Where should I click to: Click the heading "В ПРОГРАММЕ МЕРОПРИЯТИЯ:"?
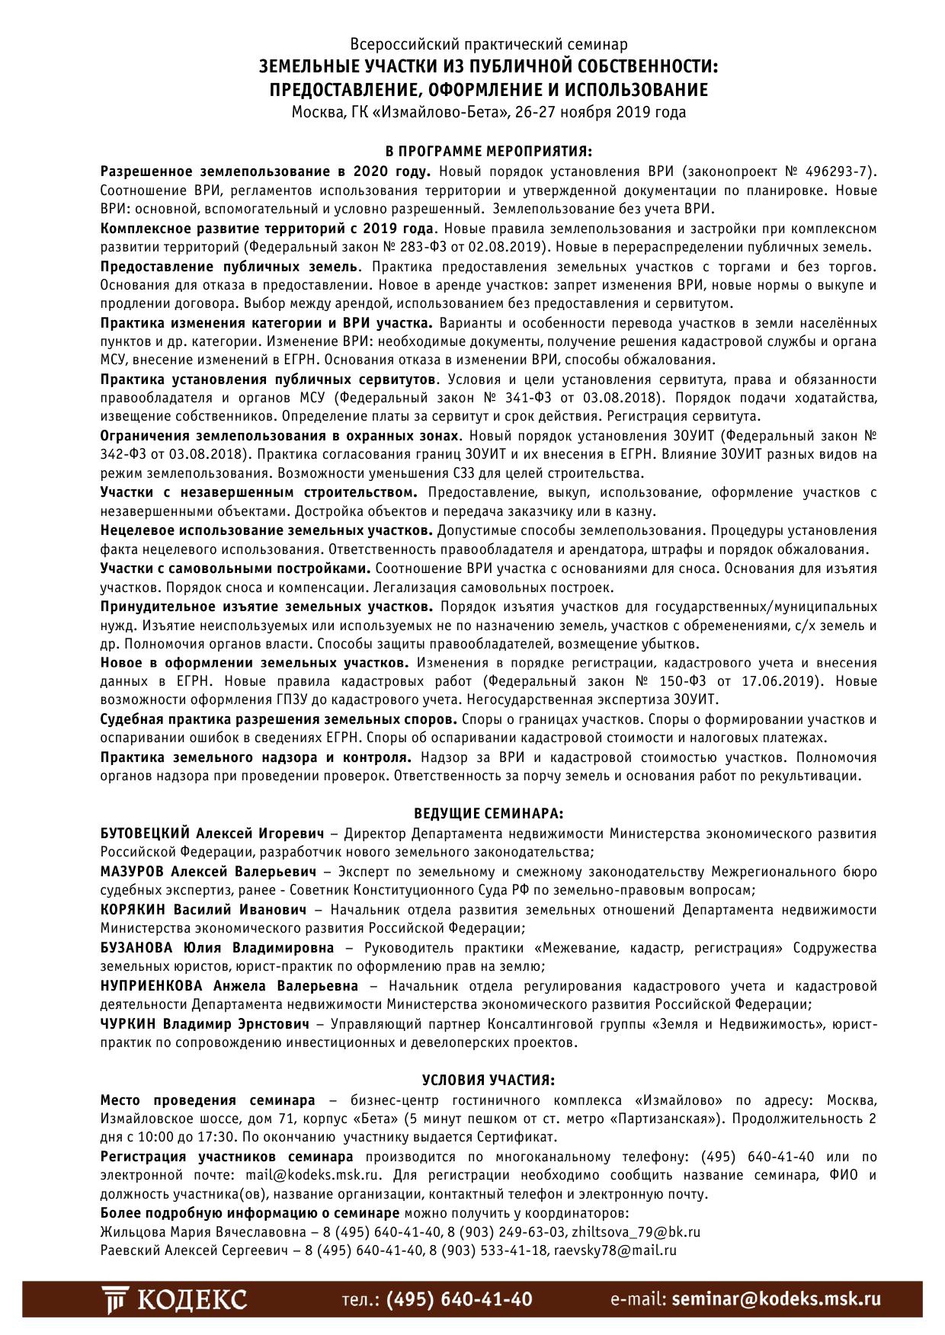[x=489, y=152]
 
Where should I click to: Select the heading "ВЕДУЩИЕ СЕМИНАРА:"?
[x=489, y=814]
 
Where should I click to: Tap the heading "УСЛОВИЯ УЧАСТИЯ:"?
[x=489, y=1080]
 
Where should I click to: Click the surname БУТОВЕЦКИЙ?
[x=145, y=834]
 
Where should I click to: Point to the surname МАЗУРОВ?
[x=132, y=872]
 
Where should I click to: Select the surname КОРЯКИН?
[x=133, y=910]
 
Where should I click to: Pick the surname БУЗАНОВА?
[x=136, y=948]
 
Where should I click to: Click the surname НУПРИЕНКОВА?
[x=151, y=986]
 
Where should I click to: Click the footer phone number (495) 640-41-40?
[x=460, y=1300]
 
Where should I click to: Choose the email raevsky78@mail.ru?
[x=615, y=1250]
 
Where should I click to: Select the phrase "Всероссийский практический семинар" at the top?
[x=489, y=45]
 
